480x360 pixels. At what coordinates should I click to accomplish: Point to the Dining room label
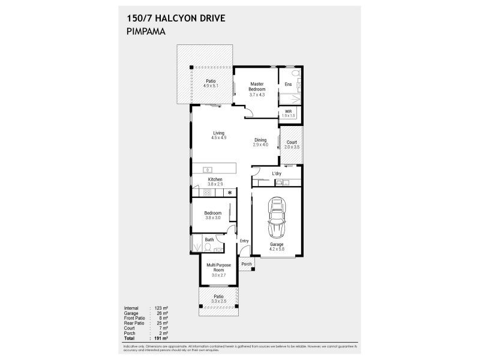click(260, 140)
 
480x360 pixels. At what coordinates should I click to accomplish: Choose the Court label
click(292, 142)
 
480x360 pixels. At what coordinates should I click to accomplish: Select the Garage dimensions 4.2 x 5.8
click(276, 250)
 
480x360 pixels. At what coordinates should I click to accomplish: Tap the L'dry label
click(277, 174)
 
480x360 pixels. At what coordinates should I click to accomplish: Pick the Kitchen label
click(215, 179)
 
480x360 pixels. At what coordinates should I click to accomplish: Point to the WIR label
click(289, 112)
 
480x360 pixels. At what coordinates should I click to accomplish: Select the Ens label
click(289, 84)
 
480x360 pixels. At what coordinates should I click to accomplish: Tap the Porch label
click(246, 264)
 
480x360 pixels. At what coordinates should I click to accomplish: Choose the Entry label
click(244, 241)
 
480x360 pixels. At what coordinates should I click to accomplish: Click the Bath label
click(209, 240)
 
